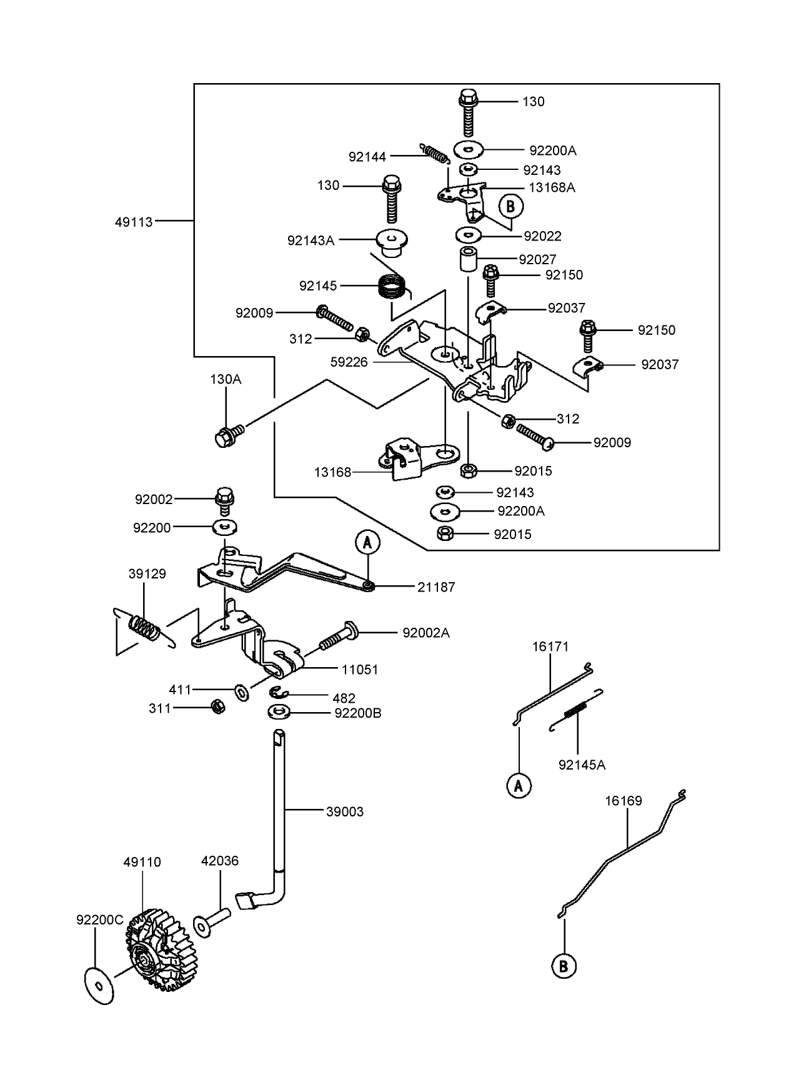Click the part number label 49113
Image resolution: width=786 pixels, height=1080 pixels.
tap(134, 221)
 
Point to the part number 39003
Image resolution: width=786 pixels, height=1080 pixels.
tap(344, 811)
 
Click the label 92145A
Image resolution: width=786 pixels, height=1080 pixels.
tap(582, 765)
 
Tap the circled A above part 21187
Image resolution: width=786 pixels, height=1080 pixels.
tap(367, 543)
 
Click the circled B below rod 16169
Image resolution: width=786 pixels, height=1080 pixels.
tap(564, 966)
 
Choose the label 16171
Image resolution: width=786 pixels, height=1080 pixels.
tap(550, 647)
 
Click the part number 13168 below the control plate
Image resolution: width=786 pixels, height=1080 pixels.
tap(332, 472)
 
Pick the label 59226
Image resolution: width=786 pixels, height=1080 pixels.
tap(349, 362)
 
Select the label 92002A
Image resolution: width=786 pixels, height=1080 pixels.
tap(426, 633)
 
